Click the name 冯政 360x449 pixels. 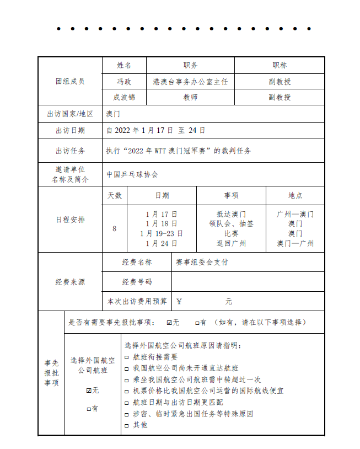tap(124, 82)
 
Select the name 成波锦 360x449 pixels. tap(124, 97)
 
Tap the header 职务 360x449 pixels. tap(190, 65)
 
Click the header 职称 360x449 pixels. tap(280, 65)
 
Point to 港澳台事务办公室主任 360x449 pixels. tap(190, 82)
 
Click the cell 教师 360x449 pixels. tap(190, 97)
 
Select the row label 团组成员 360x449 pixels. tap(70, 81)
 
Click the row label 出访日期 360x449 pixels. tap(70, 131)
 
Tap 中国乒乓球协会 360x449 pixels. tap(132, 174)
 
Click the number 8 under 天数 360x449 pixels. tap(114, 228)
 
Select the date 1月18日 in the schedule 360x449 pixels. tap(162, 223)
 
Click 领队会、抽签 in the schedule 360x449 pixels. tap(231, 223)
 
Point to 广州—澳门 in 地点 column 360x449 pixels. tap(295, 214)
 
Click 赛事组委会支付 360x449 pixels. tap(202, 262)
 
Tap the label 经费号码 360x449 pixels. tap(137, 282)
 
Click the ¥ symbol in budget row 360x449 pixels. tap(179, 302)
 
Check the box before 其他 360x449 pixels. tap(127, 425)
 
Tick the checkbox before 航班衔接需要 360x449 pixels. tap(127, 357)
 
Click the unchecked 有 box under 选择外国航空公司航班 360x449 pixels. tap(89, 409)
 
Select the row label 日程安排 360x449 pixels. tap(70, 220)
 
